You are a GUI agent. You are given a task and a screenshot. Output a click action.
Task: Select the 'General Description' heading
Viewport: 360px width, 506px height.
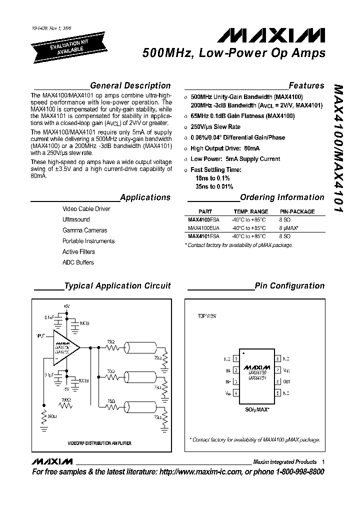coord(130,85)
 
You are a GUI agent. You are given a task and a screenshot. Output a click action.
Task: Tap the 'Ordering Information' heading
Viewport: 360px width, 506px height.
coord(282,197)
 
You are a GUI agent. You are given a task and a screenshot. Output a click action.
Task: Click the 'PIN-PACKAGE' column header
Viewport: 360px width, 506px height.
coord(297,211)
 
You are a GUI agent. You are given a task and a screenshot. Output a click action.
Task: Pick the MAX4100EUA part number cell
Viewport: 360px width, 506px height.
coord(203,228)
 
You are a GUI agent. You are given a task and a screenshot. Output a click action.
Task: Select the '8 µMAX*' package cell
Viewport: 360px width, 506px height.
coord(289,228)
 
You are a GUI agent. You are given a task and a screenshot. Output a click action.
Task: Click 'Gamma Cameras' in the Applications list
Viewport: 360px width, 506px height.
coord(84,230)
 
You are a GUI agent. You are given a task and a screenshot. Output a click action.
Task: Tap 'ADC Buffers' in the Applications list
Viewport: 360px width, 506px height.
coord(78,262)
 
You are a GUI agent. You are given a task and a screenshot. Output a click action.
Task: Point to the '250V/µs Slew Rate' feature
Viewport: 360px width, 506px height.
coord(215,127)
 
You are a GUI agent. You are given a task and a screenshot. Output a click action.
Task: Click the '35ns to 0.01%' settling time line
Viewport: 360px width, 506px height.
coord(214,187)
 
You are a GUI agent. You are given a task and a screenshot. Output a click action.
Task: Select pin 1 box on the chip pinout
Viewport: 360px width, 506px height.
coord(235,359)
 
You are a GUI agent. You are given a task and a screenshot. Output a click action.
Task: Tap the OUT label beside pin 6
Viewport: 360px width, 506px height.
coord(286,382)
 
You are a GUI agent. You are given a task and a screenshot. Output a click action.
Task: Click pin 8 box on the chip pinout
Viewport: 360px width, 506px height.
coord(277,359)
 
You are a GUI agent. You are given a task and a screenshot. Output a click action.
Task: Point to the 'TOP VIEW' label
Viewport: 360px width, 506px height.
coord(207,316)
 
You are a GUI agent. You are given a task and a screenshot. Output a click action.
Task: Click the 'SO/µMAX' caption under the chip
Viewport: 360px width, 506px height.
coord(256,409)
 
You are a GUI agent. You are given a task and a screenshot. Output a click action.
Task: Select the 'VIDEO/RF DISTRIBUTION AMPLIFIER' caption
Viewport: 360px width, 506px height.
coord(99,443)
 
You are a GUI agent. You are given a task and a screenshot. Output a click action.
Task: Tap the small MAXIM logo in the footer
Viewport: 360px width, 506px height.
coord(51,462)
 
